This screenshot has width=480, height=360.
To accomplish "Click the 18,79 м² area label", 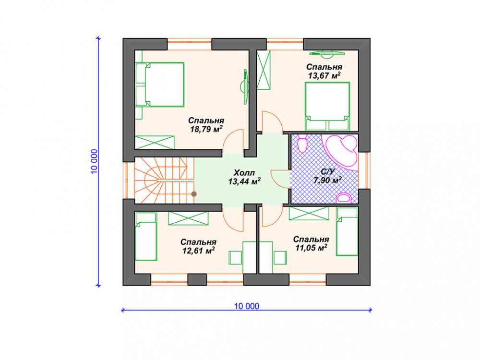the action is [206, 129].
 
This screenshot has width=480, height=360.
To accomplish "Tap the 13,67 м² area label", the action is [324, 76].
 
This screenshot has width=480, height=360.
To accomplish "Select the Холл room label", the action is [244, 172].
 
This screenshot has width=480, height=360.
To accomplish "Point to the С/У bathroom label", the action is [327, 172].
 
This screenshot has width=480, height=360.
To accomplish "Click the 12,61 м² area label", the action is [198, 251].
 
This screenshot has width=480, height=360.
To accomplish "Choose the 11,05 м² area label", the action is [311, 248].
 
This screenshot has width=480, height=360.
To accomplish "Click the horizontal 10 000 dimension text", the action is [247, 306].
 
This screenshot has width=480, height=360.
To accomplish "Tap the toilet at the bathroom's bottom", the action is [344, 198].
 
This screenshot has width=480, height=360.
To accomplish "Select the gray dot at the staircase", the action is [194, 194].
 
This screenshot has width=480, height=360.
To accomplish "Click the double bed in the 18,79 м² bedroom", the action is [159, 84].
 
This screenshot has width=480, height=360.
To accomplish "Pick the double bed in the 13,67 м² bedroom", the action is [327, 106].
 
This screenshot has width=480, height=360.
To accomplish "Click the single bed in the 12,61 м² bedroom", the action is [146, 236].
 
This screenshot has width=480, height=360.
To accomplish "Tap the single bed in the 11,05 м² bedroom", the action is [347, 231].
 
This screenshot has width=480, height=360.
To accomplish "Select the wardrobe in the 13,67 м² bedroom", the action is [264, 70].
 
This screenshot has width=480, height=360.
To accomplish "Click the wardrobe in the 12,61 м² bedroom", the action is [188, 218].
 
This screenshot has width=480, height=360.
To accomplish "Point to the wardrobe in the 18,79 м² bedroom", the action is [155, 143].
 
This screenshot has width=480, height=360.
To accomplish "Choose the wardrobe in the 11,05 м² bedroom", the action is [309, 214].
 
